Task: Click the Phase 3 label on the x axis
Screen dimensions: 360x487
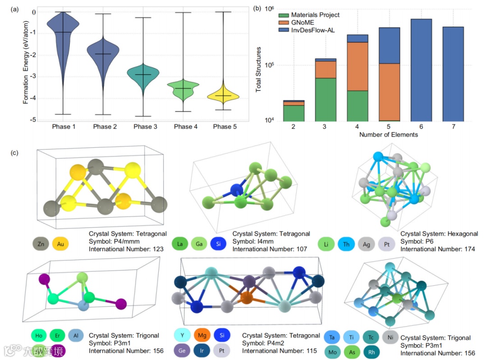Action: [145, 127]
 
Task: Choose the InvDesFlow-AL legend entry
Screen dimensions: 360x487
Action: [312, 30]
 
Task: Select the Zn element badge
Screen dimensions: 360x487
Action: [41, 244]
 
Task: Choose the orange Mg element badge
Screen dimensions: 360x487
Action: [202, 335]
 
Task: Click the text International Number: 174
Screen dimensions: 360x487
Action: [437, 249]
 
